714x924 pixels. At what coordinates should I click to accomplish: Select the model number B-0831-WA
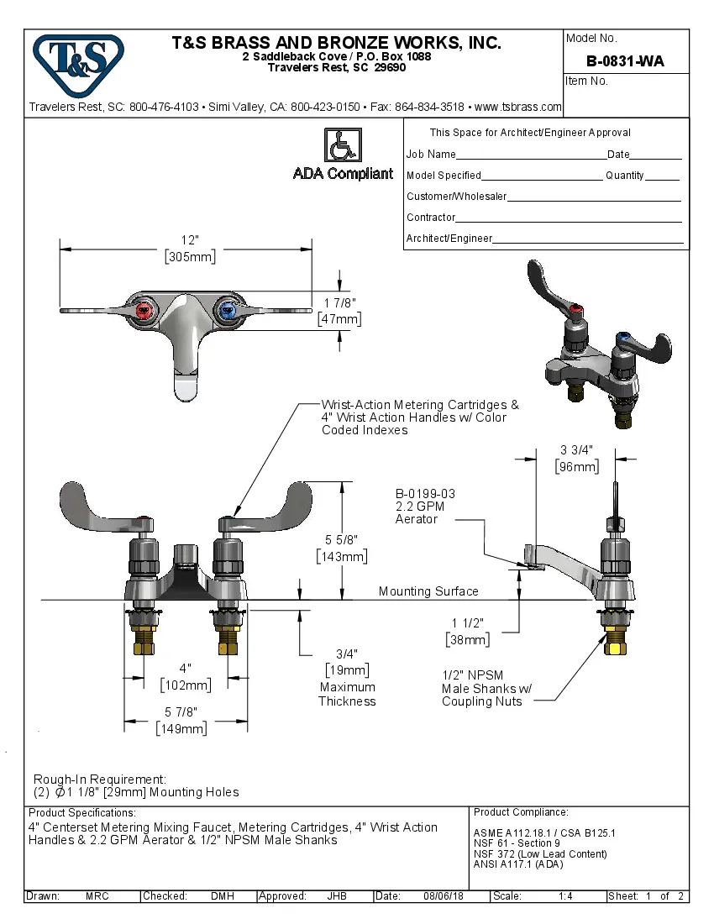pyautogui.click(x=625, y=60)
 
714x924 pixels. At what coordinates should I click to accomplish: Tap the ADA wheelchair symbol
pyautogui.click(x=342, y=145)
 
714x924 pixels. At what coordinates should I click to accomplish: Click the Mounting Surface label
pyautogui.click(x=428, y=591)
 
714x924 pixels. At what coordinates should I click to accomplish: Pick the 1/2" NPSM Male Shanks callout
pyautogui.click(x=486, y=688)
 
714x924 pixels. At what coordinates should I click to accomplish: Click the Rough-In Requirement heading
pyautogui.click(x=100, y=779)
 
